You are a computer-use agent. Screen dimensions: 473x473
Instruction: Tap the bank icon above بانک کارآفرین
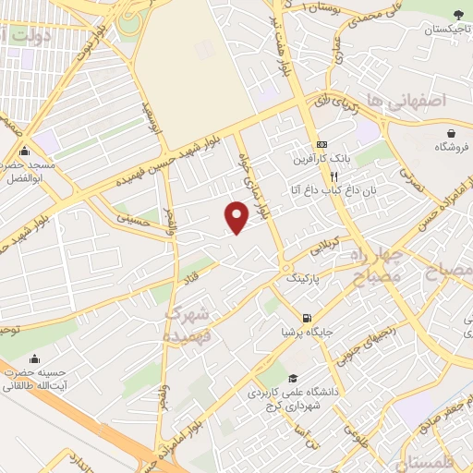coord(321,145)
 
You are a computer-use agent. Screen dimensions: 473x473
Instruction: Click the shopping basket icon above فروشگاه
coord(450,132)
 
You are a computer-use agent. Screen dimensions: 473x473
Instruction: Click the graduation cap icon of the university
coord(293,378)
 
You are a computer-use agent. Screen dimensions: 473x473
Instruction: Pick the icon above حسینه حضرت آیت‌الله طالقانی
coord(35,359)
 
